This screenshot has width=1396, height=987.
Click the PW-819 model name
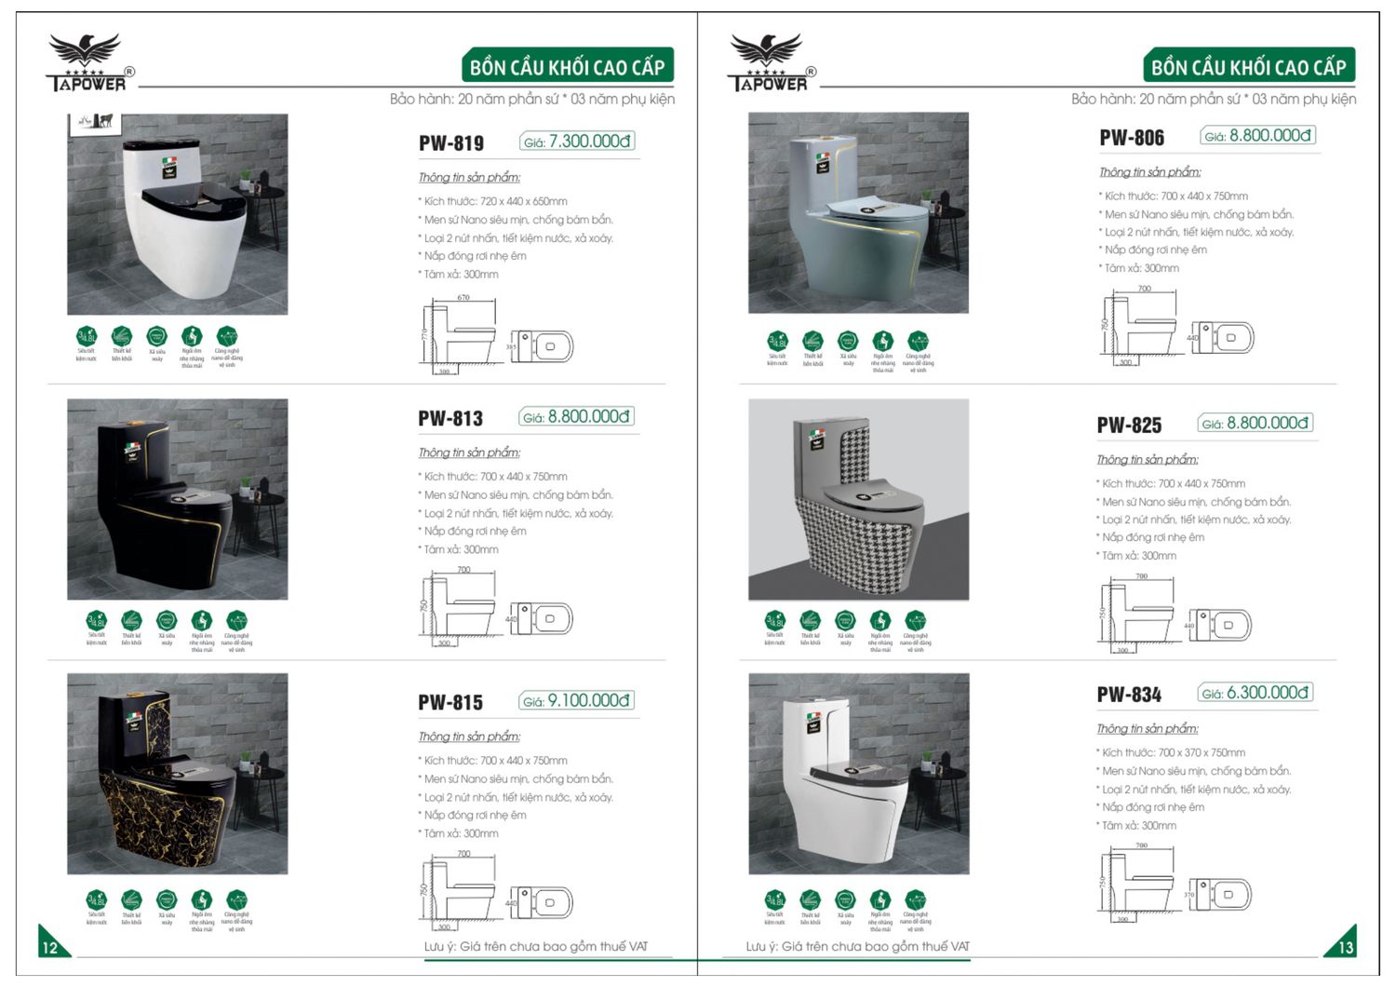point(451,143)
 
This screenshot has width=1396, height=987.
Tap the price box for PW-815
point(576,701)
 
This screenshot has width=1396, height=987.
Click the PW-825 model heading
point(1129,426)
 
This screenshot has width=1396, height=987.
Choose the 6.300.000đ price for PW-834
point(1255,693)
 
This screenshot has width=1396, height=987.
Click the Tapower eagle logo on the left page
point(86,61)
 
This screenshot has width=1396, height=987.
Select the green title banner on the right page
point(1248,67)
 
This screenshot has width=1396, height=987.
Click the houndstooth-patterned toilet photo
point(858,500)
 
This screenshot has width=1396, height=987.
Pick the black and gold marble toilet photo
point(177,774)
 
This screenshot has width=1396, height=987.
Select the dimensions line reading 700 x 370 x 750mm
point(1172,752)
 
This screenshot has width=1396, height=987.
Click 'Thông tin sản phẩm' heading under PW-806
point(1149,172)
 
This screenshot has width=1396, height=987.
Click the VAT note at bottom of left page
point(536,946)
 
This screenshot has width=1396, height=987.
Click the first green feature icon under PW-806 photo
point(777,342)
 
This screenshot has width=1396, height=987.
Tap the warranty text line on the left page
point(532,99)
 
